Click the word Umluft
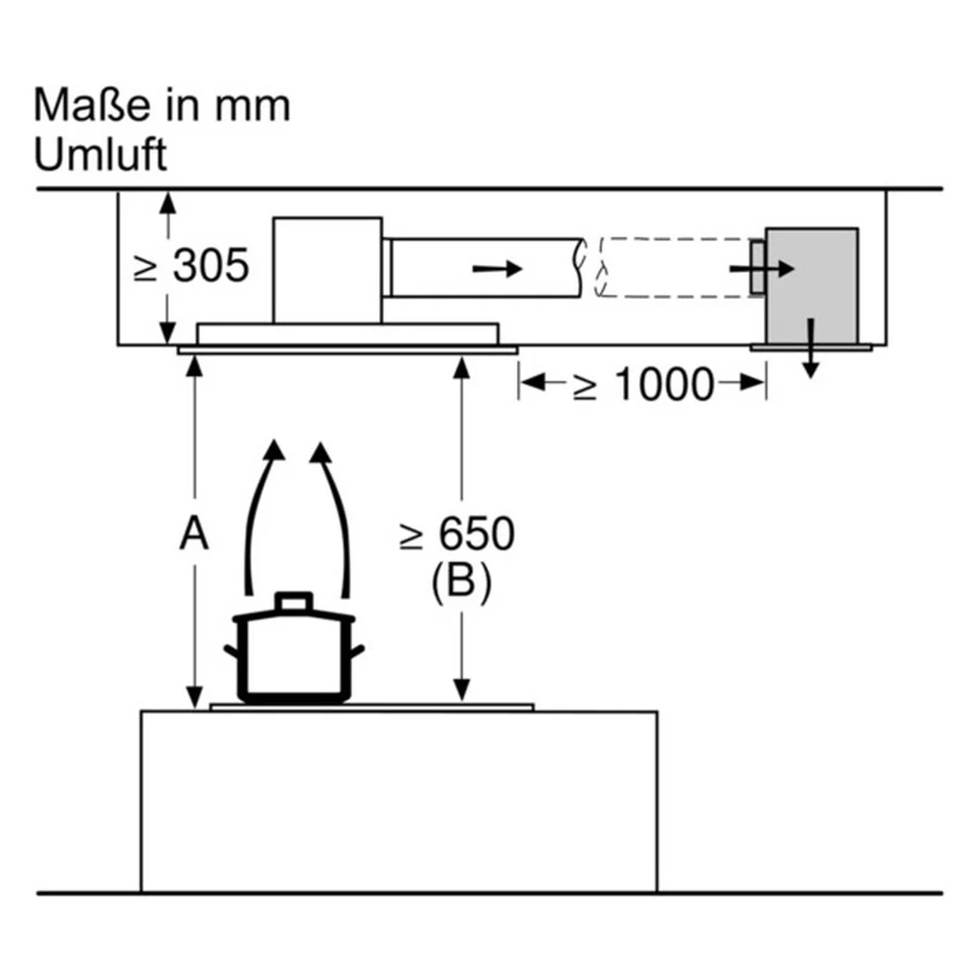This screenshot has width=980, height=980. pos(100,154)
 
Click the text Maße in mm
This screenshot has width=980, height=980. pos(162,104)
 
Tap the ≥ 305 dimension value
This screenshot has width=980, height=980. pos(191,266)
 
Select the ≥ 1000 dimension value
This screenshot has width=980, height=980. pos(644,384)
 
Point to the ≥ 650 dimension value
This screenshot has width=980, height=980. pos(457,534)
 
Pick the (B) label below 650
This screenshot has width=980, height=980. pos(461,581)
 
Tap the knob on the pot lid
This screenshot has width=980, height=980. pos(294,600)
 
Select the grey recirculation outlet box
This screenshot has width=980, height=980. pos(812,285)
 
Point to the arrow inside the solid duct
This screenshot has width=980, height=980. pos(497,269)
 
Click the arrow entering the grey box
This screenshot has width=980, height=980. pos(762,269)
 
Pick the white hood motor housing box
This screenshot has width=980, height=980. pos(327,270)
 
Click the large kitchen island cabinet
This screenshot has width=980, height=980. pos(399,802)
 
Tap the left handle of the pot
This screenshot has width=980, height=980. pos(233,652)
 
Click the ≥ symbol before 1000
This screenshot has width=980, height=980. pos(585,388)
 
